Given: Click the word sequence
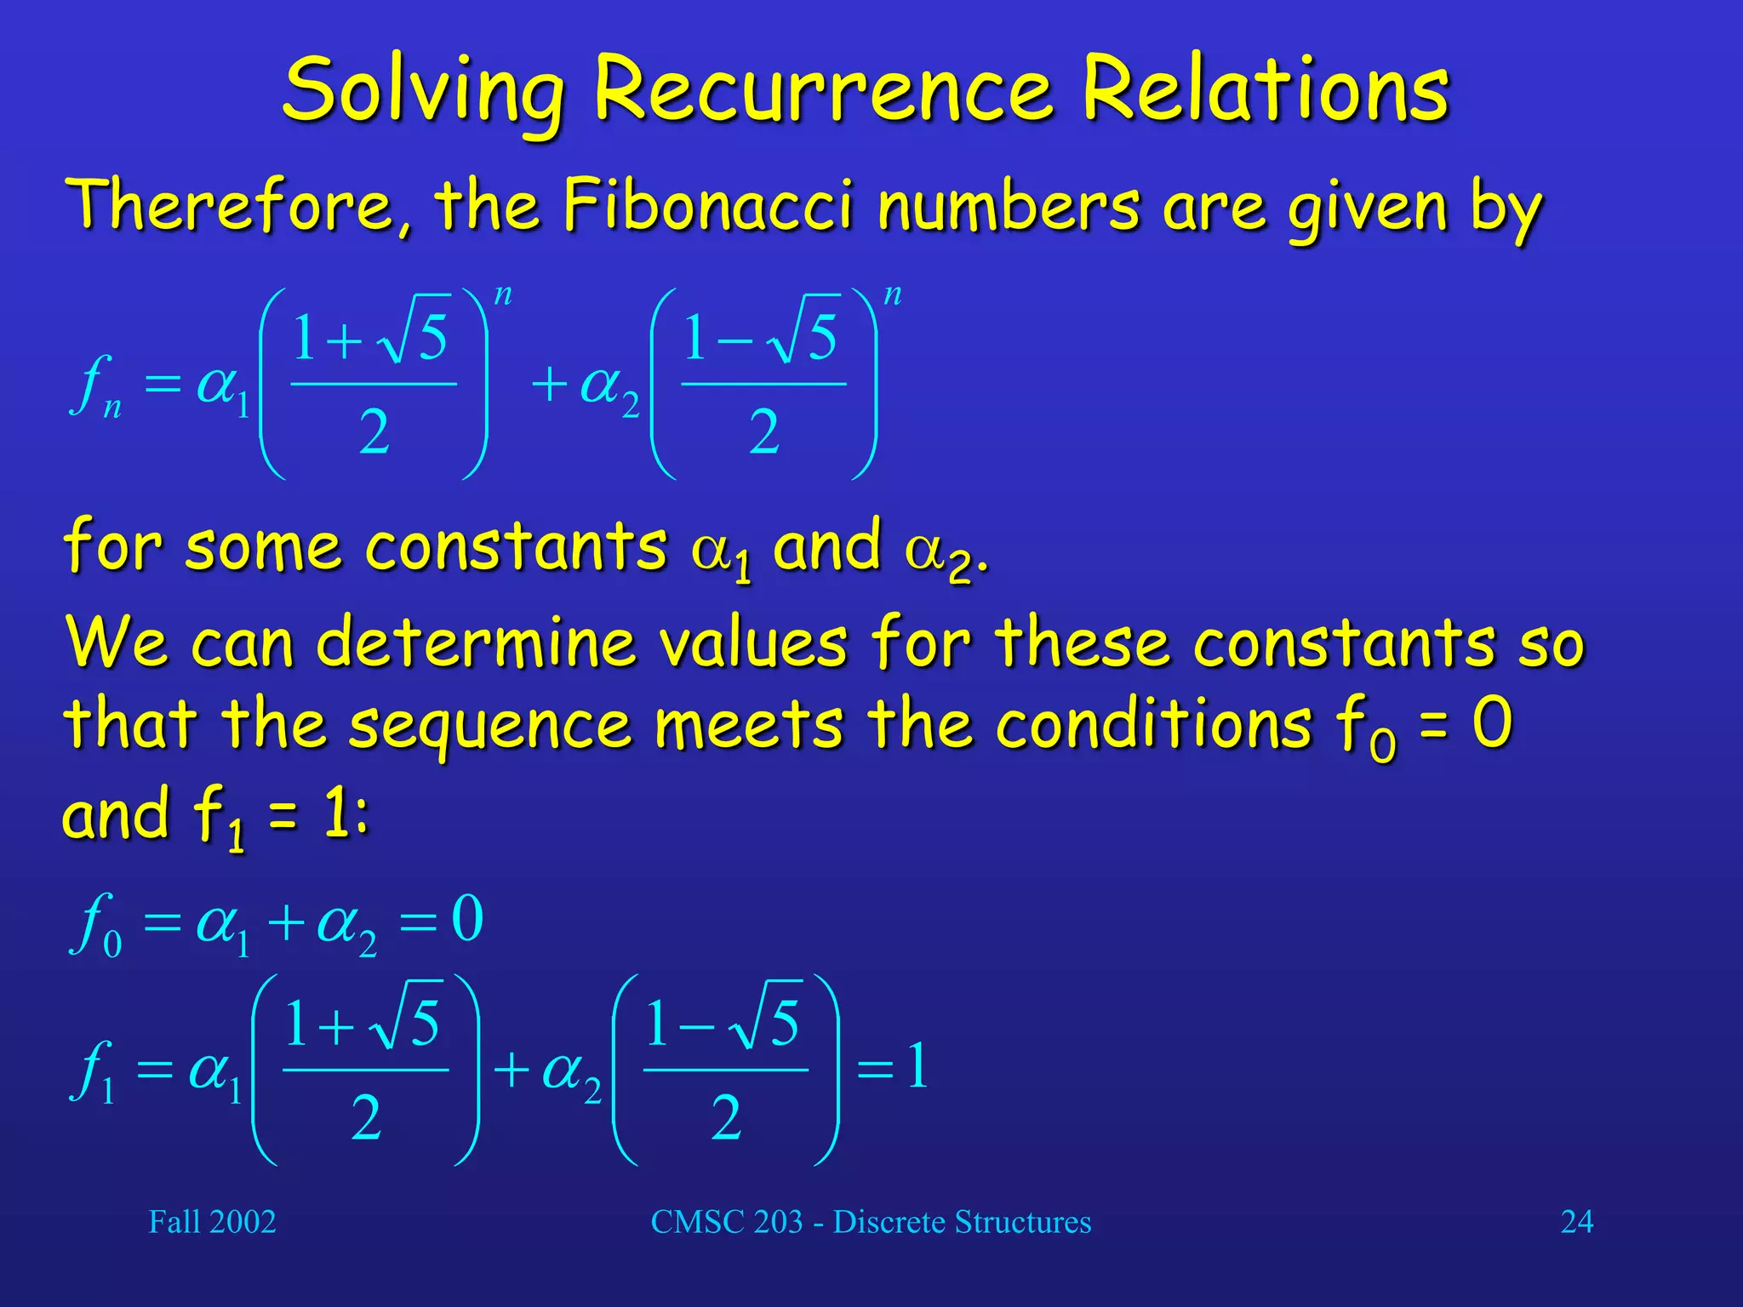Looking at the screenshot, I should (490, 725).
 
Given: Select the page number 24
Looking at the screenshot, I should (1576, 1222).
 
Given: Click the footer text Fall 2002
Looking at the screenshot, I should (212, 1222).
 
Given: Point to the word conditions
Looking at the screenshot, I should (1154, 725).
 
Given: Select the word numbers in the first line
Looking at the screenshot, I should (1009, 206).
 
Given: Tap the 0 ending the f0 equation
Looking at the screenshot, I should (467, 920).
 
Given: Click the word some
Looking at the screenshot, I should (262, 547).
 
